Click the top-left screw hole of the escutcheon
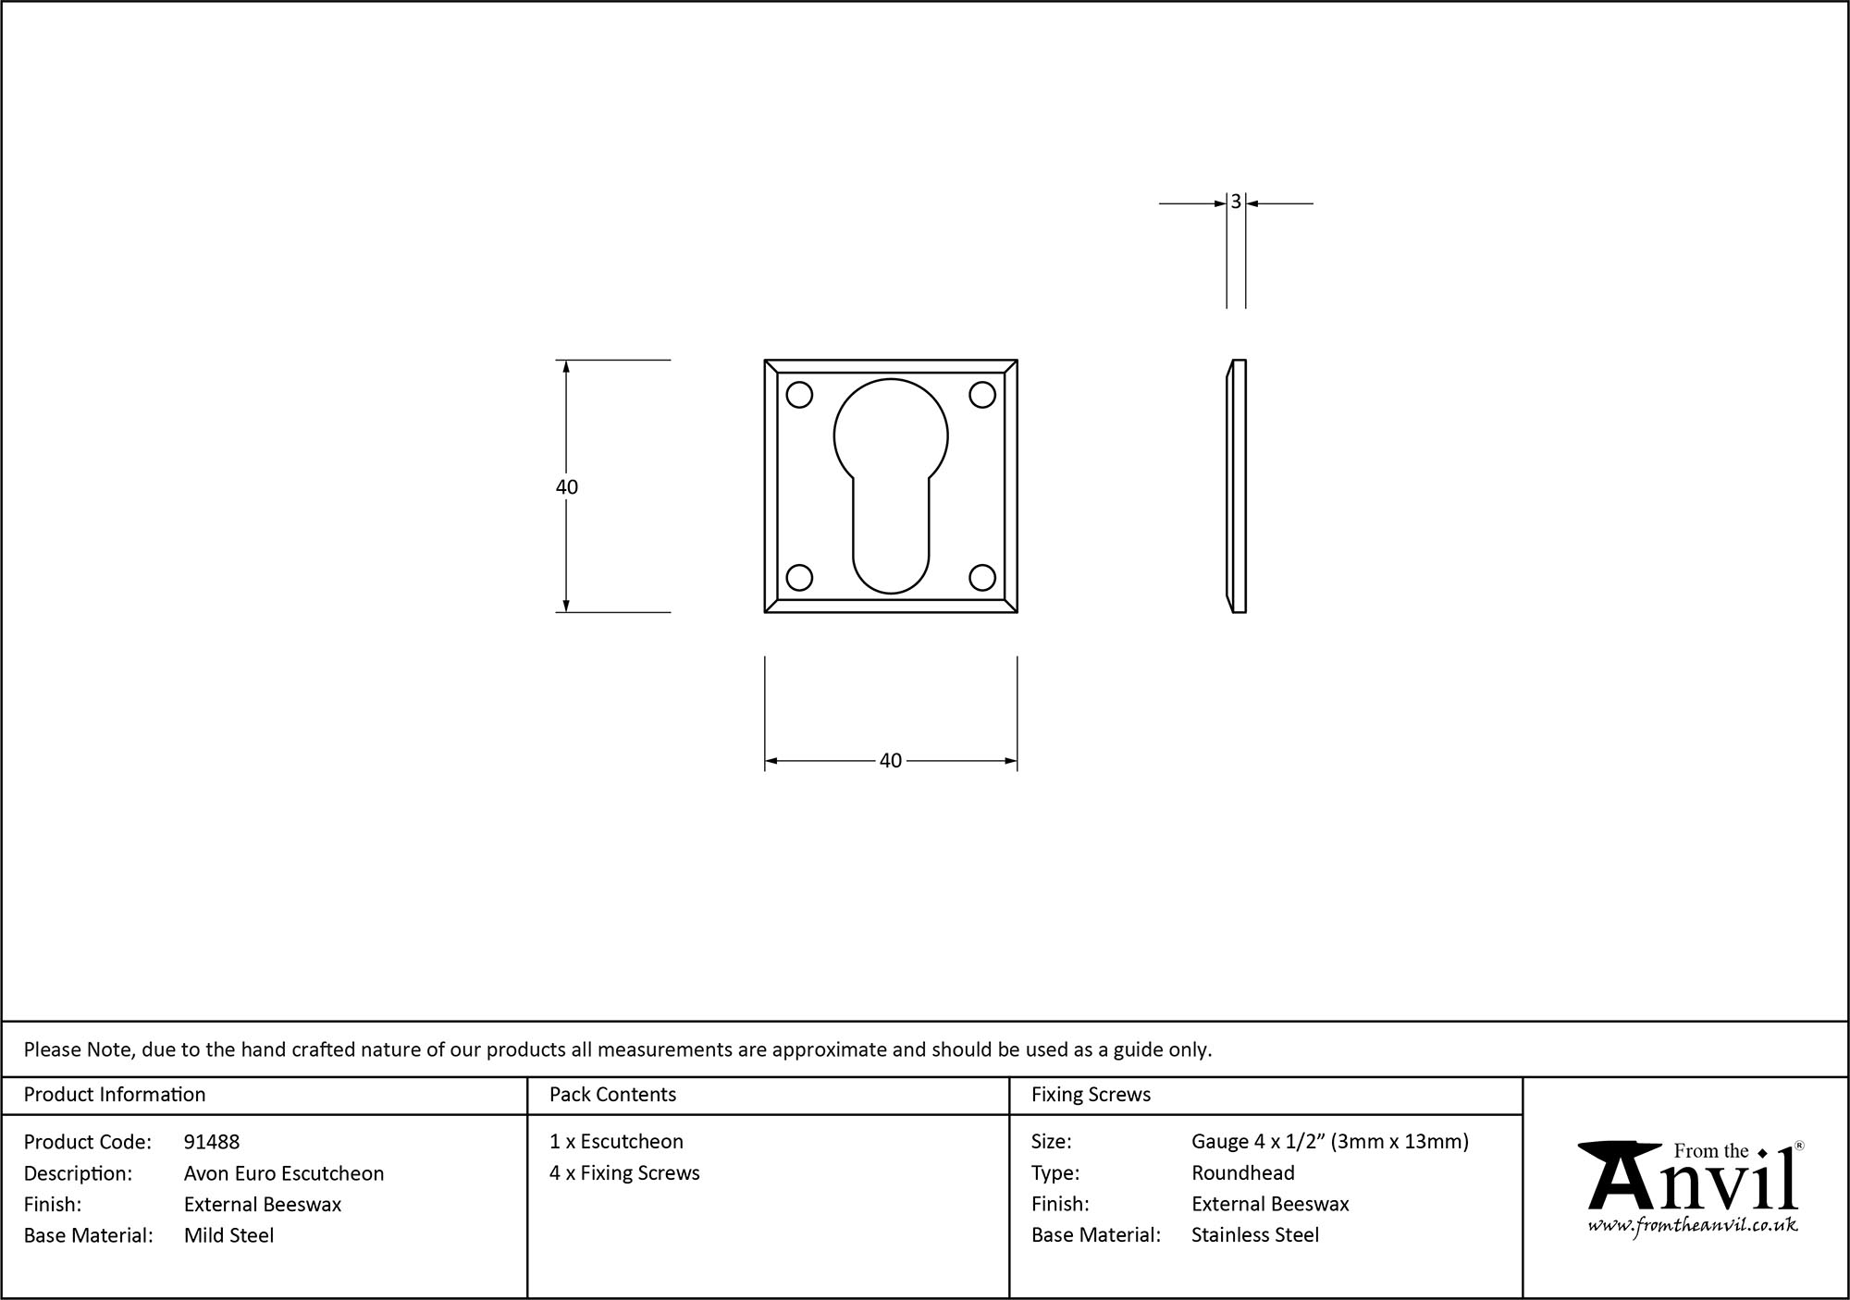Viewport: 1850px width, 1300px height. coord(799,395)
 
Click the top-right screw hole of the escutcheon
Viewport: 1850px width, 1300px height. coord(982,395)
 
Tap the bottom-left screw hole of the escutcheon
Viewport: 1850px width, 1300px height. coord(799,578)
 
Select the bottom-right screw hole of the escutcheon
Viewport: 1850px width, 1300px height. coord(982,578)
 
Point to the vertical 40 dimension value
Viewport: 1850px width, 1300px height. coord(567,487)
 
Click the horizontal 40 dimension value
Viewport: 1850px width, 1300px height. coord(890,761)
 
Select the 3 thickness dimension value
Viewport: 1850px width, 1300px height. coord(1236,202)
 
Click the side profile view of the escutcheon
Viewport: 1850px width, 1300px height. coord(1237,486)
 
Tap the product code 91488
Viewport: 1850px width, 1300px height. coord(212,1142)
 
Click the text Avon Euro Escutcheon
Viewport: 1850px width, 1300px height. coord(283,1173)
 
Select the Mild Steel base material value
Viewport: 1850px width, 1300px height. coord(228,1235)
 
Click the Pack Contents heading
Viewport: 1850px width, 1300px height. coord(612,1095)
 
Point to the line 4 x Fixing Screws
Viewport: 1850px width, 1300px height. coord(624,1173)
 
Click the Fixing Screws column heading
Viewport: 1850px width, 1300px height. coord(1091,1095)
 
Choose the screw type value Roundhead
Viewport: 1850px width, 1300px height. coord(1242,1173)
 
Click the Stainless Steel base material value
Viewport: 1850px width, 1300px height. coord(1255,1235)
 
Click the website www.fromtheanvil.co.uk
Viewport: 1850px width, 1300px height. coord(1693,1225)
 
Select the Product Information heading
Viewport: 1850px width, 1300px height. coord(115,1095)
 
